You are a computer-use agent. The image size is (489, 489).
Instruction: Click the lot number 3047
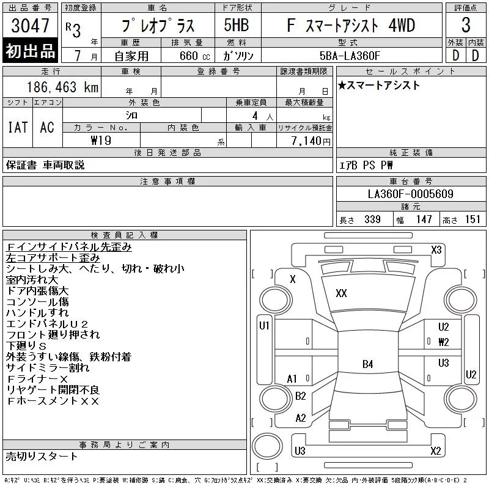30,26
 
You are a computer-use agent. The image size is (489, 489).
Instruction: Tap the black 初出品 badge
30,51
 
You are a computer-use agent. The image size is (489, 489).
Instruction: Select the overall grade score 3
466,25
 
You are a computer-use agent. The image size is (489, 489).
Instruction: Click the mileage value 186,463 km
62,87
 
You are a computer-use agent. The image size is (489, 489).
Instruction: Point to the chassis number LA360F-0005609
410,194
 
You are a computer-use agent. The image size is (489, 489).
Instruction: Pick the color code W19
101,141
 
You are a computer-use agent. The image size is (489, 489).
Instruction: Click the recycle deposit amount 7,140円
311,141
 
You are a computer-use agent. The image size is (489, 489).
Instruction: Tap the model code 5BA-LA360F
350,56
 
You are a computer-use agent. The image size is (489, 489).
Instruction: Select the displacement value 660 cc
194,56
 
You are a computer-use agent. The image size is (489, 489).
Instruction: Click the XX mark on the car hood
341,293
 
